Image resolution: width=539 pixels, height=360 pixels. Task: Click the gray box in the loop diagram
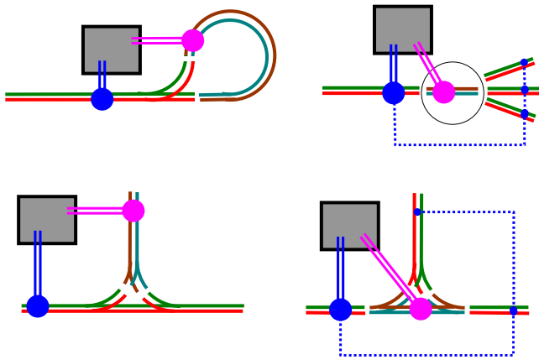(111, 50)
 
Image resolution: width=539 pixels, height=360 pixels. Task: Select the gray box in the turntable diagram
(402, 29)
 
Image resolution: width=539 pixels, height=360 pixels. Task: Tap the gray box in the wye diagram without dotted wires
(47, 220)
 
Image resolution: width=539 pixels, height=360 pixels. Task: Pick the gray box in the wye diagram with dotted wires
(349, 226)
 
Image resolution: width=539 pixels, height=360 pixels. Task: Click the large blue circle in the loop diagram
(102, 99)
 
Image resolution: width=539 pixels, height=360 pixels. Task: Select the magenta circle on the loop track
(193, 40)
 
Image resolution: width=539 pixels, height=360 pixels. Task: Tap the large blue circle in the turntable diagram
(394, 92)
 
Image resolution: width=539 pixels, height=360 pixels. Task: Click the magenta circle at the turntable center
(443, 92)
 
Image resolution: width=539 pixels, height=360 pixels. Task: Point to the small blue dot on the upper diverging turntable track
(524, 63)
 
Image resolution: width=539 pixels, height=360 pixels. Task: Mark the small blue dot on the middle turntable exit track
(524, 90)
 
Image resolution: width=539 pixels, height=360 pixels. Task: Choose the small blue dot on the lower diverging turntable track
(524, 113)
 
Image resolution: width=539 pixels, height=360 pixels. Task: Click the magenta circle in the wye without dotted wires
(133, 211)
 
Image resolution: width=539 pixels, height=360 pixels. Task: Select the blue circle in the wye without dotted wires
(38, 306)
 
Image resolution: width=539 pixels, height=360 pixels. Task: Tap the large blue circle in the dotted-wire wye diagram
(340, 310)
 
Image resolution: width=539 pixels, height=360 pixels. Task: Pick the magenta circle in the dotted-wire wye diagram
(421, 309)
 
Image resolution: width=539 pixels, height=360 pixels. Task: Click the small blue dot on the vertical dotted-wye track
(417, 211)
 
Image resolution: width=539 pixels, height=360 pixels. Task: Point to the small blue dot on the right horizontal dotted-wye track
(513, 310)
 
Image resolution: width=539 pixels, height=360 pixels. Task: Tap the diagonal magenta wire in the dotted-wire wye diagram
(390, 271)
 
